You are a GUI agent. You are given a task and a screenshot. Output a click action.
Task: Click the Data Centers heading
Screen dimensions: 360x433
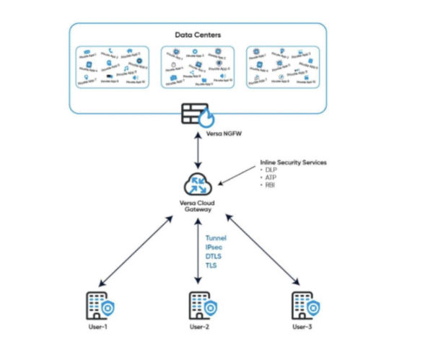pyautogui.click(x=198, y=35)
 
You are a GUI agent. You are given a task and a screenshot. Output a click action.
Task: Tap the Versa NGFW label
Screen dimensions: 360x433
pyautogui.click(x=197, y=134)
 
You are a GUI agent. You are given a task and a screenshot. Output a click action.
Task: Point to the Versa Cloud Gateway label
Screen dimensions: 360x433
pyautogui.click(x=197, y=206)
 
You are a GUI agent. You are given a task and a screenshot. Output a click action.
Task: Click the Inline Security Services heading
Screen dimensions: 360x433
pyautogui.click(x=293, y=163)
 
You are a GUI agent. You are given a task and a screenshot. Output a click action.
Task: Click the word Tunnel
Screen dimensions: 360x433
pyautogui.click(x=216, y=237)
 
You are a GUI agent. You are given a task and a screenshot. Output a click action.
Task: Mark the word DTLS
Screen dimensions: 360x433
pyautogui.click(x=214, y=256)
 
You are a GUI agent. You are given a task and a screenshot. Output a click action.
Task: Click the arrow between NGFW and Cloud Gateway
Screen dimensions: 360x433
pyautogui.click(x=197, y=154)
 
